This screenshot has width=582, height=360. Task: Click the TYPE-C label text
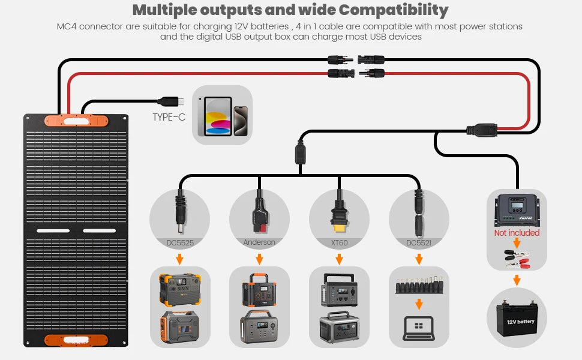(169, 117)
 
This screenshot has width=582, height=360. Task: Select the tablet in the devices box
(218, 116)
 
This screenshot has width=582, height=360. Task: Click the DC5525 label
(179, 242)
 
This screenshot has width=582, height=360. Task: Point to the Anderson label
(259, 242)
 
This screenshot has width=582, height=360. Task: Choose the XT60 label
(339, 242)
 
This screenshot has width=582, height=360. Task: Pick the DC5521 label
(419, 242)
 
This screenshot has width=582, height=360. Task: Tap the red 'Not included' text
(517, 233)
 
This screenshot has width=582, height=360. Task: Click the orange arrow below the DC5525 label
(179, 259)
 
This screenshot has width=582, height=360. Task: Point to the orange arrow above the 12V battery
(517, 280)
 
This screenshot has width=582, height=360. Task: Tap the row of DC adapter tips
(419, 286)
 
